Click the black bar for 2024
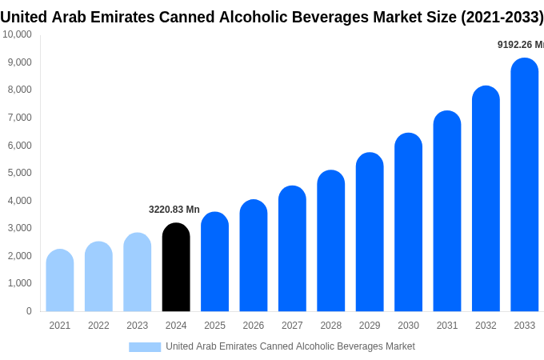click(176, 267)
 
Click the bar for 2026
click(254, 255)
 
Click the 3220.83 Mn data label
click(174, 210)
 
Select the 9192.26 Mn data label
click(520, 45)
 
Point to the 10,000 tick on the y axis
click(18, 34)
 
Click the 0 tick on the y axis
click(29, 311)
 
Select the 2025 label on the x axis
click(214, 326)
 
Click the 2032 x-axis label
click(486, 326)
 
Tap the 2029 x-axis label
click(370, 326)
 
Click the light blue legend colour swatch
click(145, 347)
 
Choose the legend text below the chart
click(290, 346)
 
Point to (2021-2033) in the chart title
click(502, 17)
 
